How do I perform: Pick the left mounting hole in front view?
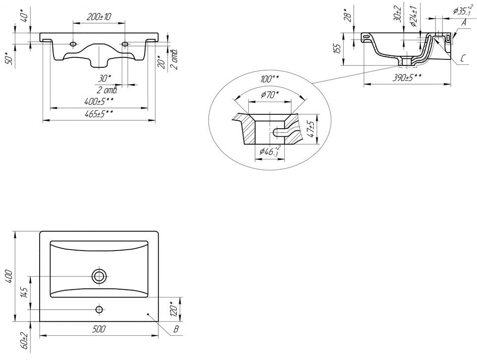[x=73, y=45]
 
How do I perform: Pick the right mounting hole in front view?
[x=125, y=45]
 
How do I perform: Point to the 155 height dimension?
[x=337, y=49]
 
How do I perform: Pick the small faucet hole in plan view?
[x=100, y=309]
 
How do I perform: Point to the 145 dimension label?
[x=22, y=293]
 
